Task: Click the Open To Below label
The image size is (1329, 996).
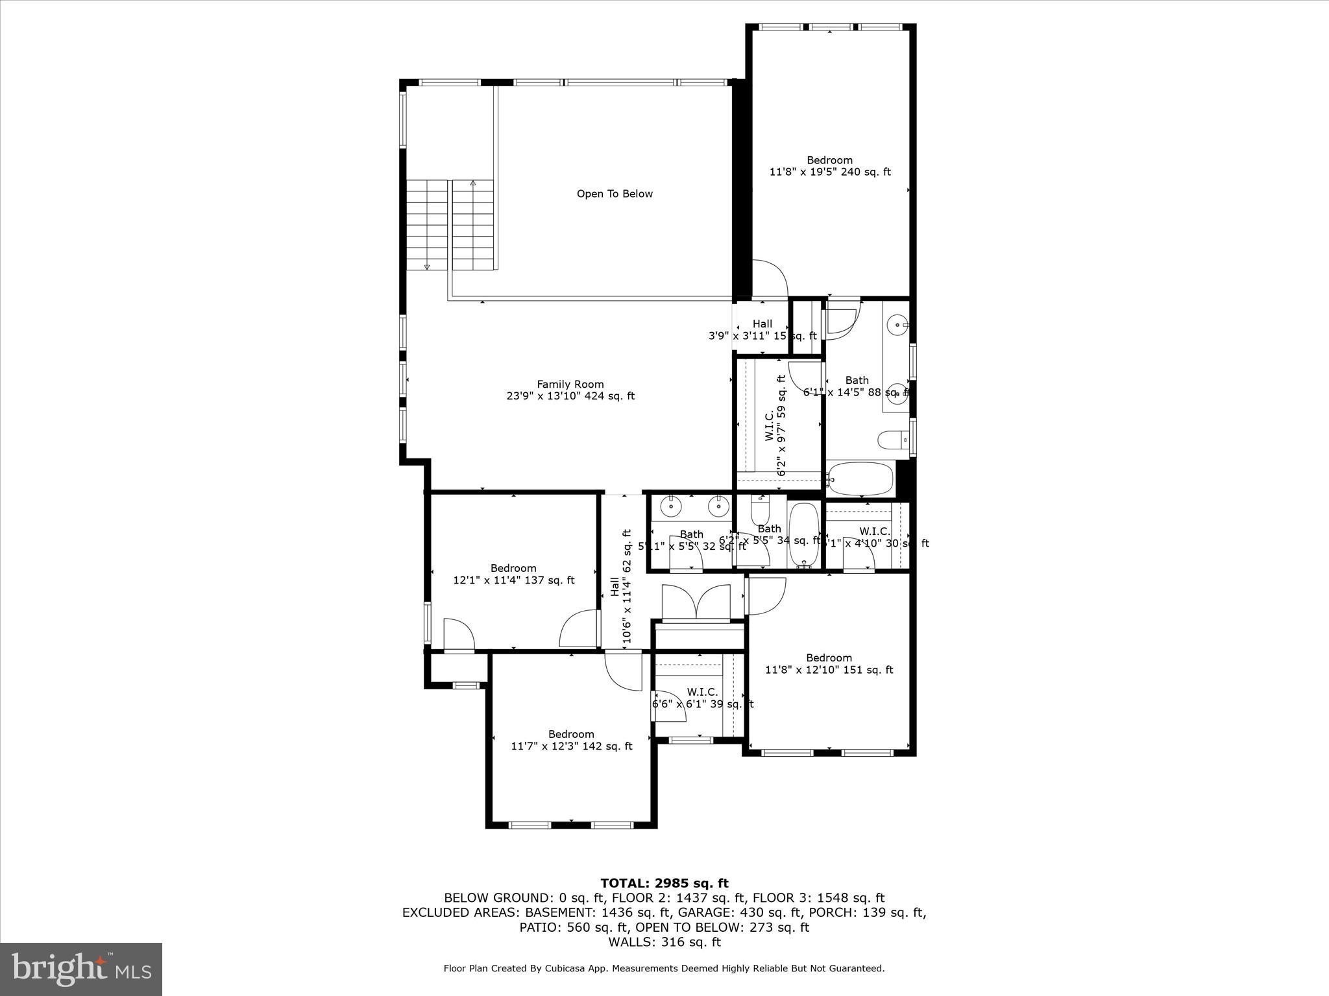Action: click(x=615, y=194)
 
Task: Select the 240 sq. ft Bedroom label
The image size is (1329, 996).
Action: click(x=829, y=166)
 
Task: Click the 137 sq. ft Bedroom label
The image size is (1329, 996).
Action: click(x=513, y=574)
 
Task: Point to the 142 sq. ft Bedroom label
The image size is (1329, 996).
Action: click(x=571, y=740)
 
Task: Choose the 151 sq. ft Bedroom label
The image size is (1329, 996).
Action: click(x=829, y=663)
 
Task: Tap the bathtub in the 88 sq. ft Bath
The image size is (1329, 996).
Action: click(x=860, y=478)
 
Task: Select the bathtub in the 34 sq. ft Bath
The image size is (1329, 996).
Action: click(x=804, y=534)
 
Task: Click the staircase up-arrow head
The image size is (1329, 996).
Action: click(x=473, y=184)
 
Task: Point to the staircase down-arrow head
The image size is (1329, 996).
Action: click(x=428, y=266)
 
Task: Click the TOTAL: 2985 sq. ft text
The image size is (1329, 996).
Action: click(x=664, y=883)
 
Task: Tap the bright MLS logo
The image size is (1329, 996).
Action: click(x=81, y=969)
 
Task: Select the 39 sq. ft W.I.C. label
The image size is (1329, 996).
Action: click(x=702, y=698)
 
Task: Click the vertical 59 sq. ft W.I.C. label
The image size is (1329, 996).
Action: click(x=776, y=425)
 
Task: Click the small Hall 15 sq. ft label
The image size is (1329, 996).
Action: click(x=762, y=329)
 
